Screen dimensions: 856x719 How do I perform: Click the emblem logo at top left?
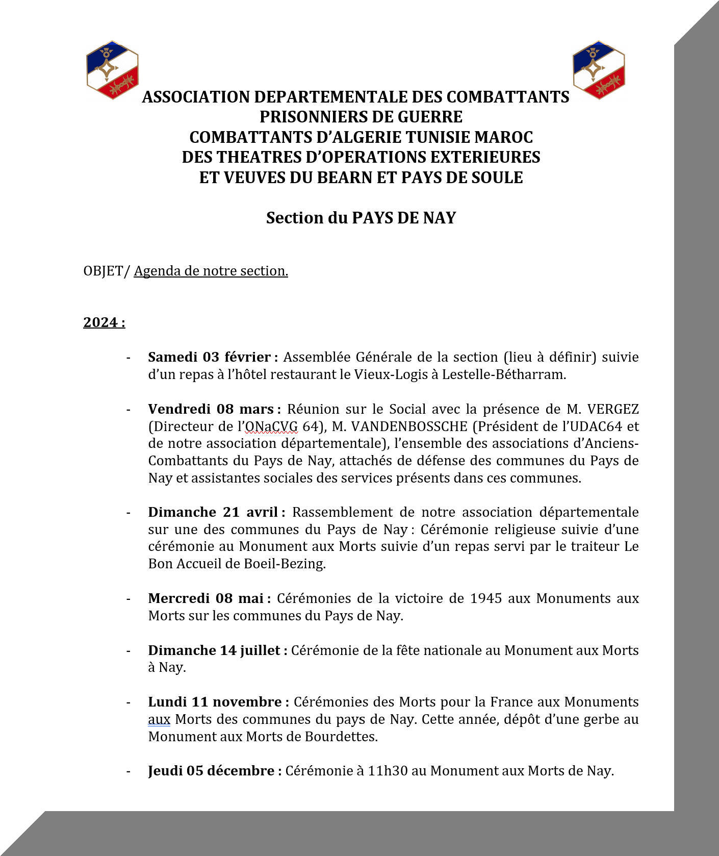click(112, 70)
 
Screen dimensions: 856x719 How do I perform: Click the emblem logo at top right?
click(599, 70)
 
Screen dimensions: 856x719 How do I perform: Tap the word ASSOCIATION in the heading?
click(196, 97)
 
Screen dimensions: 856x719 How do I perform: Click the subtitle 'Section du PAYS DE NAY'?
click(361, 218)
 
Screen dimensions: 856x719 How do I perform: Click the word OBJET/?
click(107, 270)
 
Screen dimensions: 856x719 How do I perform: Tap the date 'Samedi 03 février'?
click(209, 357)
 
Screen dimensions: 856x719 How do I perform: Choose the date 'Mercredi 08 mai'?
click(206, 598)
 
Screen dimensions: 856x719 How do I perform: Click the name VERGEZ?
click(612, 409)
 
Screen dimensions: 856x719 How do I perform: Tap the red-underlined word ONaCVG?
click(271, 426)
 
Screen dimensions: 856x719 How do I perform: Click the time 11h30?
click(388, 770)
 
